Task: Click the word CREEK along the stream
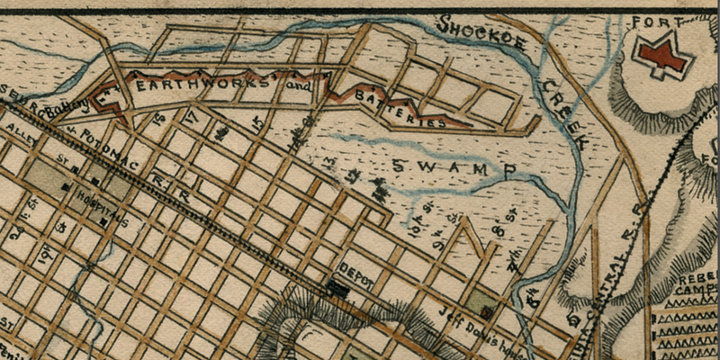(x=562, y=112)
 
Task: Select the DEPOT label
(x=357, y=270)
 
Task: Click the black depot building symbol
(x=338, y=289)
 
